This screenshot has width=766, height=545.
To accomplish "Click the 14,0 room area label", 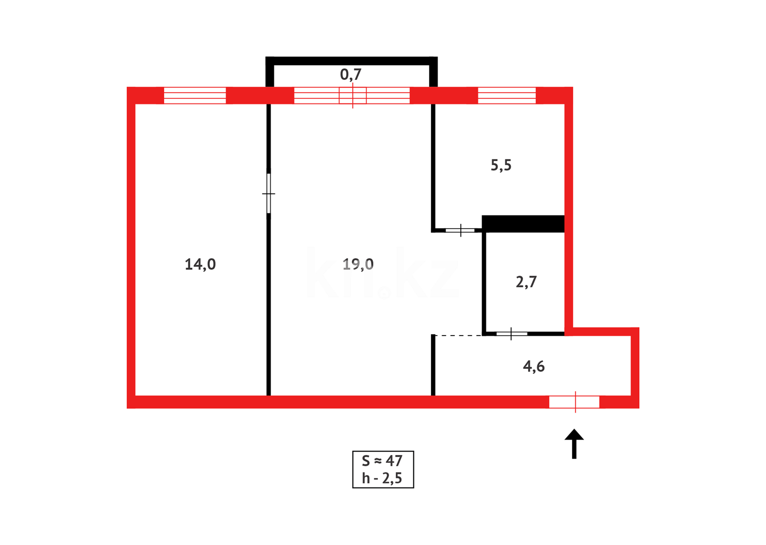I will (x=200, y=264).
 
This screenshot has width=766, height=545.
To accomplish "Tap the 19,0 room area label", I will (x=358, y=264).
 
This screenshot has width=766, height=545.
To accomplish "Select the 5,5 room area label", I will (x=501, y=166).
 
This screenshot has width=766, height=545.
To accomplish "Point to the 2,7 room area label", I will (x=526, y=282).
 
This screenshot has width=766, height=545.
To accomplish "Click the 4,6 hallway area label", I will (x=534, y=366).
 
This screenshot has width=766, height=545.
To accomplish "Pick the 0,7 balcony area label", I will (x=351, y=75).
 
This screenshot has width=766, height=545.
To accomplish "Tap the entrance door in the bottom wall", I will (x=574, y=402).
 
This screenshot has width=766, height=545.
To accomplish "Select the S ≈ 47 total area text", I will (x=382, y=461).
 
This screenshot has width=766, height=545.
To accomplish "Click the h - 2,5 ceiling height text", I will (x=382, y=478).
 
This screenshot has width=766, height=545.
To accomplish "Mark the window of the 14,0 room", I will (x=195, y=95).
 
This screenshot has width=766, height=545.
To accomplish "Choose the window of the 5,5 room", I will (x=507, y=95).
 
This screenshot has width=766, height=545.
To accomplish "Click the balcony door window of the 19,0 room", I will (x=352, y=95).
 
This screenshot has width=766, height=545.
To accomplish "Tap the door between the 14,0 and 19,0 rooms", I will (x=269, y=193).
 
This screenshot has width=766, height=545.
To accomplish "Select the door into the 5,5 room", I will (x=460, y=231).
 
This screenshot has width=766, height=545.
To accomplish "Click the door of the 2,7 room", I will (x=511, y=334).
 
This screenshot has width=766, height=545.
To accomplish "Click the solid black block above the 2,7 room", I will (x=523, y=224).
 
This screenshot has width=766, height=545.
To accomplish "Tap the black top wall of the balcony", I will (x=351, y=61).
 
